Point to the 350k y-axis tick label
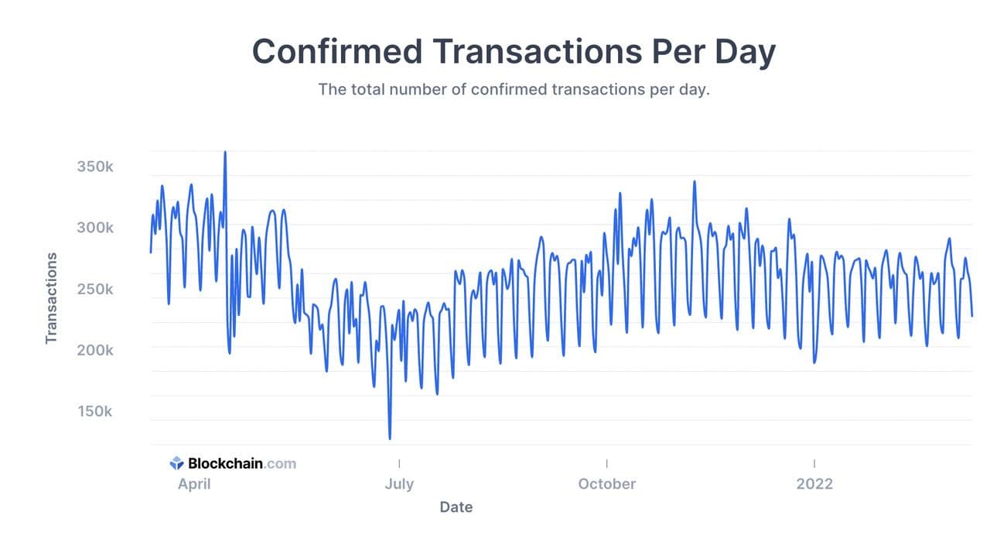95,167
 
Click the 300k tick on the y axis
95,228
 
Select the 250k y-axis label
95,290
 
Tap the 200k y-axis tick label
95,350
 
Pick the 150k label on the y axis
95,411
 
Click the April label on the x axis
195,484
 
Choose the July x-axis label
399,484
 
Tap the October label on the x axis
607,484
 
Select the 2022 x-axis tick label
814,484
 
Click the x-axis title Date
456,507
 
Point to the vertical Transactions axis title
52,298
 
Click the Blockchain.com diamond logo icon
176,463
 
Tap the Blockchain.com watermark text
242,464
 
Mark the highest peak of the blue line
225,152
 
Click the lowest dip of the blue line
390,438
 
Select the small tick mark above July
399,463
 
